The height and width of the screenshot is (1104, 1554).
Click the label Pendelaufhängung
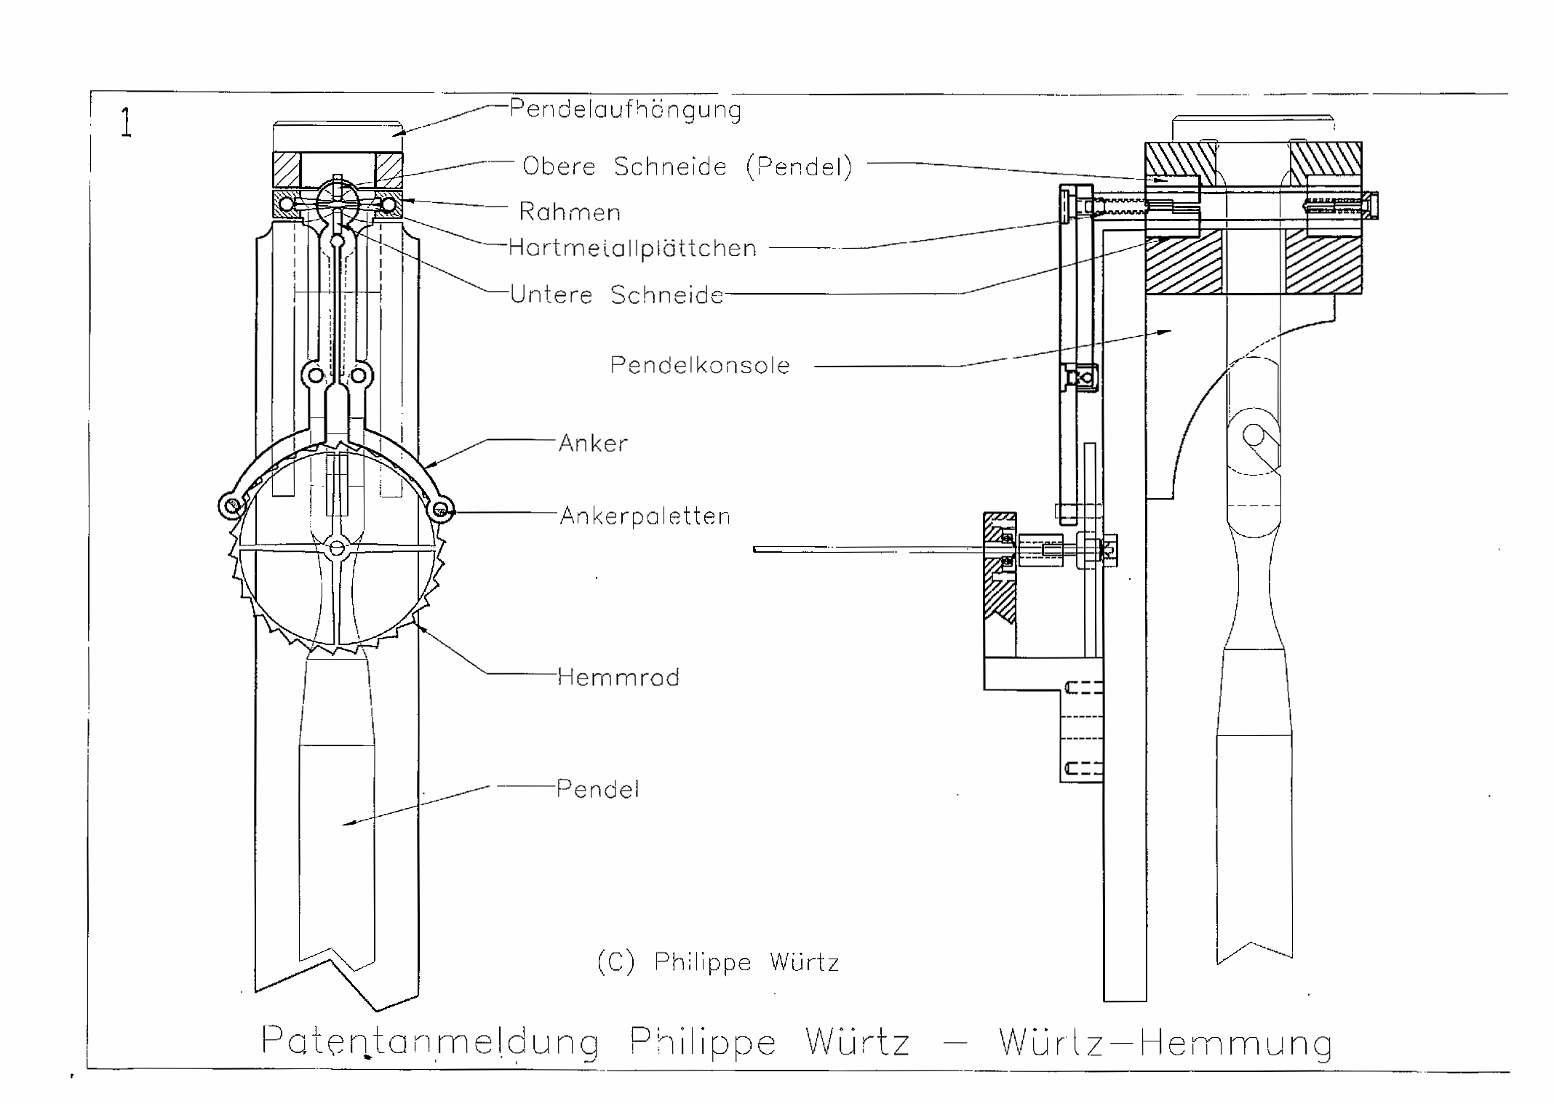pos(625,110)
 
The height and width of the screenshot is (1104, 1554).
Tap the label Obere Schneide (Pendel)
pos(687,167)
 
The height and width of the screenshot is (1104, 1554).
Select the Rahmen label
pos(570,212)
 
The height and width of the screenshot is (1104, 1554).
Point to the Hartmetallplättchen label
pos(632,248)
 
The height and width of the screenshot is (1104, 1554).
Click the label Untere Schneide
pos(617,295)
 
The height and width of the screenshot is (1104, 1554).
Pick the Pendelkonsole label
pos(700,365)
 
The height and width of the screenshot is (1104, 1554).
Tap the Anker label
pos(593,443)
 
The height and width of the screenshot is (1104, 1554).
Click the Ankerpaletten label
pos(645,516)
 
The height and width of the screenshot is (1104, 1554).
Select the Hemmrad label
pos(618,677)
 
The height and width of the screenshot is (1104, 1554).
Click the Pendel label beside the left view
pos(597,789)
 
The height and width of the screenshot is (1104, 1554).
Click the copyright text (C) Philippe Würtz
pos(717,962)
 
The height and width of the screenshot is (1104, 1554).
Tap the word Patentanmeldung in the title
pos(430,1041)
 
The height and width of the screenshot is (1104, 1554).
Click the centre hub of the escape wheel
pos(337,548)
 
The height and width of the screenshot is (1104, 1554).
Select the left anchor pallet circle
pos(230,507)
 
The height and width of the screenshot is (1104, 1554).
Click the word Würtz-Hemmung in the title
pos(1165,1042)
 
